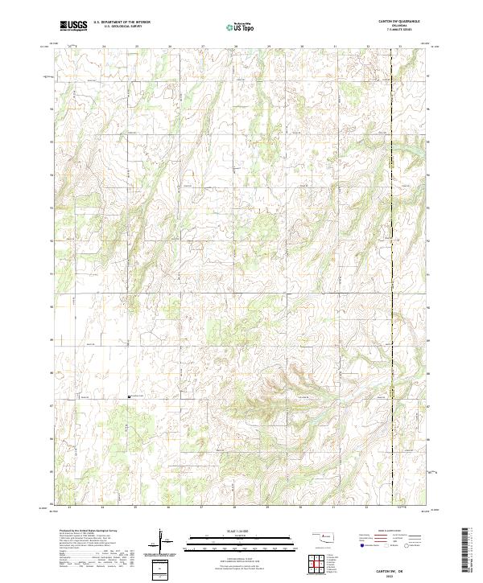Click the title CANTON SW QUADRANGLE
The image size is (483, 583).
coord(394,22)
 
